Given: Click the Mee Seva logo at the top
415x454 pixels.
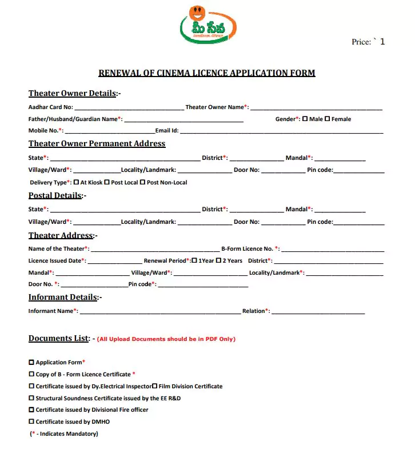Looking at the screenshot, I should pyautogui.click(x=208, y=26).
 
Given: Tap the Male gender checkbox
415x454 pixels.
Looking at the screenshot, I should pyautogui.click(x=305, y=119).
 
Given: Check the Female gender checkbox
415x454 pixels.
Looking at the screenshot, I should pyautogui.click(x=327, y=119).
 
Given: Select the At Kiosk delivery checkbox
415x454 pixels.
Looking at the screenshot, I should pyautogui.click(x=75, y=182).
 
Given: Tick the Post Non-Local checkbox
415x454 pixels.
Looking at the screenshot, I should pyautogui.click(x=142, y=182).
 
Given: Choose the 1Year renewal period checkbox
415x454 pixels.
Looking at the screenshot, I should pyautogui.click(x=194, y=260).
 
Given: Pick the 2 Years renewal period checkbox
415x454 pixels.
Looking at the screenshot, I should pyautogui.click(x=218, y=260).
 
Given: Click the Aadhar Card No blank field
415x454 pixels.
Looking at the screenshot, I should pyautogui.click(x=128, y=107).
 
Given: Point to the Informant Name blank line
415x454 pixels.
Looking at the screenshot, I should pyautogui.click(x=159, y=312).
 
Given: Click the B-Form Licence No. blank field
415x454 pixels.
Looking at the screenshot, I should pyautogui.click(x=333, y=249).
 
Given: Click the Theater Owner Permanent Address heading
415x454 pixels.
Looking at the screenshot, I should pyautogui.click(x=97, y=143).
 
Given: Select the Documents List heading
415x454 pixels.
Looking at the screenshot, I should pyautogui.click(x=59, y=338).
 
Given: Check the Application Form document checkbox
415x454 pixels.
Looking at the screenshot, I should pyautogui.click(x=31, y=362).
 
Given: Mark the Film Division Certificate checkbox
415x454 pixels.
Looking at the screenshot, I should pyautogui.click(x=154, y=386).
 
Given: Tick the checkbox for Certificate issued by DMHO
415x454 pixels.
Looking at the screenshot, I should pyautogui.click(x=31, y=421).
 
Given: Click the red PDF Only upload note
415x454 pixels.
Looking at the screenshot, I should pyautogui.click(x=166, y=339).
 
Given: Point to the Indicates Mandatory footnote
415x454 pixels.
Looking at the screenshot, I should pyautogui.click(x=64, y=434).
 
